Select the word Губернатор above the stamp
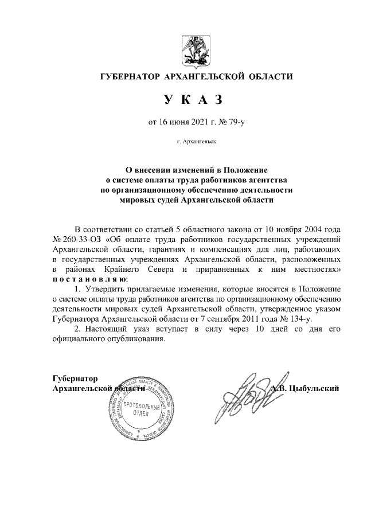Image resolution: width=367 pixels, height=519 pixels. pyautogui.click(x=75, y=378)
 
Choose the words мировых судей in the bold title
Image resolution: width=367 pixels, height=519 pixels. pyautogui.click(x=148, y=201)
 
